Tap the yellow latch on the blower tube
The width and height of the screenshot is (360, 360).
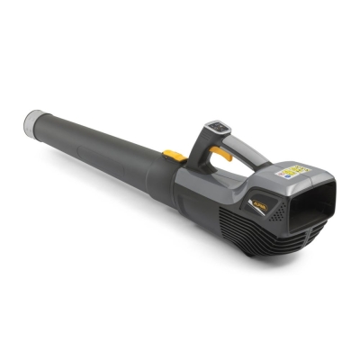pyautogui.click(x=178, y=157)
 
